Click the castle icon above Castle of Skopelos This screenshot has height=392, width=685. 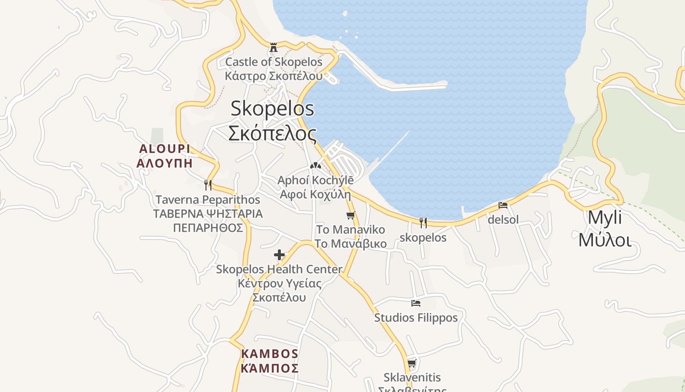[x=274, y=48]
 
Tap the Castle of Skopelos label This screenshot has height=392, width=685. [x=274, y=62]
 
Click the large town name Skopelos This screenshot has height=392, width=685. [x=272, y=108]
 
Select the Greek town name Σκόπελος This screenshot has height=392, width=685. [x=272, y=133]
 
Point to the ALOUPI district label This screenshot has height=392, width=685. [x=164, y=149]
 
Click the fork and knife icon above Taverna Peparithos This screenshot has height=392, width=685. [x=208, y=185]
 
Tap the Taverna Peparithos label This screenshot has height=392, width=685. [x=208, y=200]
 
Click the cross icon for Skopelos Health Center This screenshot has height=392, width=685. [x=279, y=255]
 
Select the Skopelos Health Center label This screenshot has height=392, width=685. [x=279, y=269]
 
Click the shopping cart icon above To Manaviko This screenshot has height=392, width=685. [x=350, y=215]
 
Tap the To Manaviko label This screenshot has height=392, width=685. [x=350, y=230]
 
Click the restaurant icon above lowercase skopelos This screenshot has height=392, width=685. [x=423, y=223]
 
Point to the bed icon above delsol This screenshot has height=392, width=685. [x=503, y=205]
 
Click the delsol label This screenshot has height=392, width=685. [x=503, y=220]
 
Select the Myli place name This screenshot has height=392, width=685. [x=605, y=218]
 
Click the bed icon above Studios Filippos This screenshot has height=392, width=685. [x=416, y=303]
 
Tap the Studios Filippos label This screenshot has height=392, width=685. [x=416, y=318]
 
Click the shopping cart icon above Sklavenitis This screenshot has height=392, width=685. [x=412, y=363]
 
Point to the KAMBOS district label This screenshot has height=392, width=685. [x=270, y=354]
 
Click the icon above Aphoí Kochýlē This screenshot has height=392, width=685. [x=316, y=166]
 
